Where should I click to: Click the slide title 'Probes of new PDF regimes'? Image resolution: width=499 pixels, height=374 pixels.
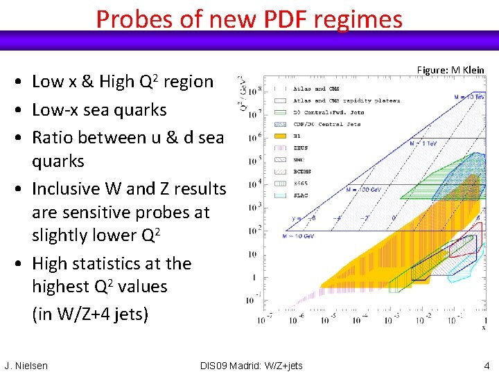[x=249, y=19]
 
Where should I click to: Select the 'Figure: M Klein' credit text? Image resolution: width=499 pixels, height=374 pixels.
[x=450, y=70]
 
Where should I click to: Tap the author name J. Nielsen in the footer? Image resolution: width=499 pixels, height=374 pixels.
[x=26, y=366]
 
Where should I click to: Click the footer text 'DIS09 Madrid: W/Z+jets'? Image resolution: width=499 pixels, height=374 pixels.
[x=251, y=366]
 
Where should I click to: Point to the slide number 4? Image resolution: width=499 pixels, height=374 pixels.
[x=487, y=366]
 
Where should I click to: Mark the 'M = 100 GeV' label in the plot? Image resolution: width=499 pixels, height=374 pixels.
[x=363, y=190]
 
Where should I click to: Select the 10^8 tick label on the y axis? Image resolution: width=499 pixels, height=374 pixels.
[x=254, y=90]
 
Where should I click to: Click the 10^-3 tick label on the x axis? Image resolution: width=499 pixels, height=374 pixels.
[x=390, y=319]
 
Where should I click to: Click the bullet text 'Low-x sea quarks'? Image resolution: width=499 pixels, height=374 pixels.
[x=99, y=109]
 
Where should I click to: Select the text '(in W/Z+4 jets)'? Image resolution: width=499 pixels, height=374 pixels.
[x=90, y=314]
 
